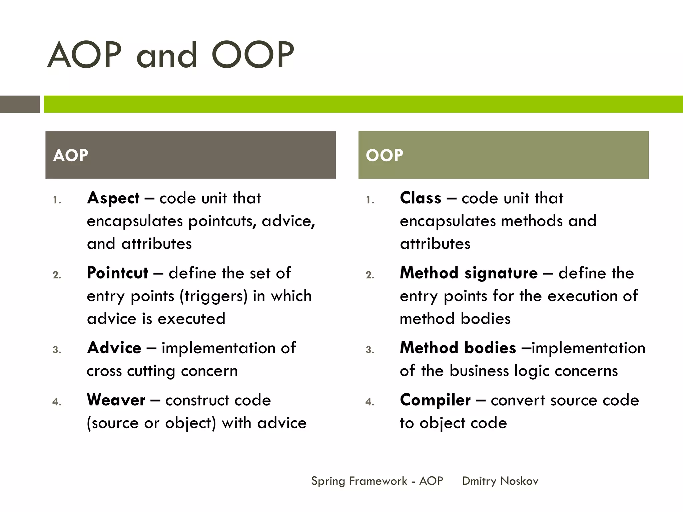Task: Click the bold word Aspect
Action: (113, 198)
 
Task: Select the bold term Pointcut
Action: (117, 273)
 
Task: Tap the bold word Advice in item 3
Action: (114, 348)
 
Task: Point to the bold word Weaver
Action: (116, 400)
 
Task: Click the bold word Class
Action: (421, 198)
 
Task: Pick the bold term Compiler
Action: (435, 400)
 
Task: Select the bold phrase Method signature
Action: (469, 273)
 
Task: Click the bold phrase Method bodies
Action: (458, 348)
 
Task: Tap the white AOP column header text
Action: (70, 155)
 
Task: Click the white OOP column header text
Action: (384, 155)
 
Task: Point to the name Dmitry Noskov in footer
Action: (500, 481)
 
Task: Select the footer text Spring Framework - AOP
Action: (377, 481)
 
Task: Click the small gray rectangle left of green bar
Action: (20, 104)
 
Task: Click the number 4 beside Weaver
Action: (57, 402)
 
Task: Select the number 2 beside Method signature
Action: (370, 275)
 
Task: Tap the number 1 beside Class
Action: (370, 200)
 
